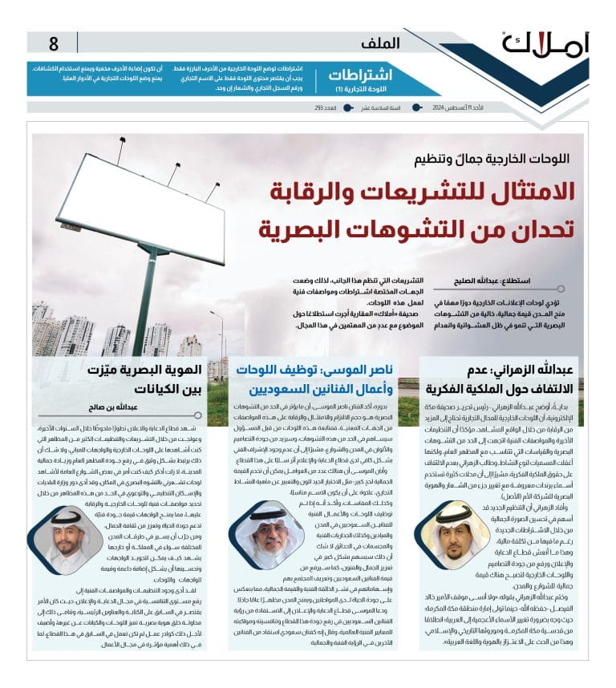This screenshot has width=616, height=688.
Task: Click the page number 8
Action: pyautogui.click(x=54, y=44)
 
